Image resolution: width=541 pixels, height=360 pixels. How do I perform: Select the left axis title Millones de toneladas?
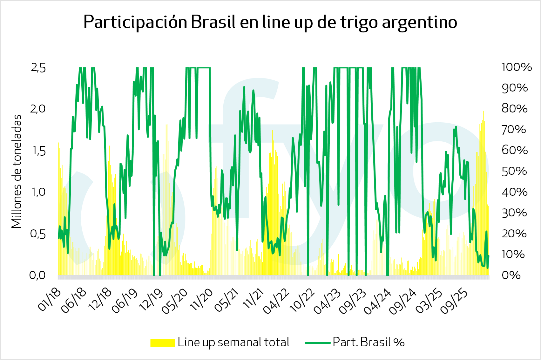(x=17, y=171)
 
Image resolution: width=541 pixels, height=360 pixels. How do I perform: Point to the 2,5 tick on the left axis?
(x=38, y=68)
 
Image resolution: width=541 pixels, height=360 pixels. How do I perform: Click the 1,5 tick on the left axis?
(x=38, y=151)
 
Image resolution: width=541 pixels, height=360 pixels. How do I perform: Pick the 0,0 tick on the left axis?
(x=37, y=275)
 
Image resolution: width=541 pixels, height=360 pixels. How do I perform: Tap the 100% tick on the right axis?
(x=517, y=67)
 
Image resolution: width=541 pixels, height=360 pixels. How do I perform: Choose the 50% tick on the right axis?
(x=514, y=171)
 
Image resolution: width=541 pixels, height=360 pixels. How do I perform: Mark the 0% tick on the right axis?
(x=511, y=275)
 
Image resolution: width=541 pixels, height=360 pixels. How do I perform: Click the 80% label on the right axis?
(x=514, y=109)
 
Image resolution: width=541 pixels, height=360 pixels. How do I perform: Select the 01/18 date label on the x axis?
(x=50, y=300)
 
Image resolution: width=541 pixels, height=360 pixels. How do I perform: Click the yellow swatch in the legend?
(x=162, y=343)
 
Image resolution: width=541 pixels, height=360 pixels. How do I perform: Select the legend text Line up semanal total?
(x=233, y=342)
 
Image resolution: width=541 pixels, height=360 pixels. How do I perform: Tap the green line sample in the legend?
(x=317, y=343)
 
